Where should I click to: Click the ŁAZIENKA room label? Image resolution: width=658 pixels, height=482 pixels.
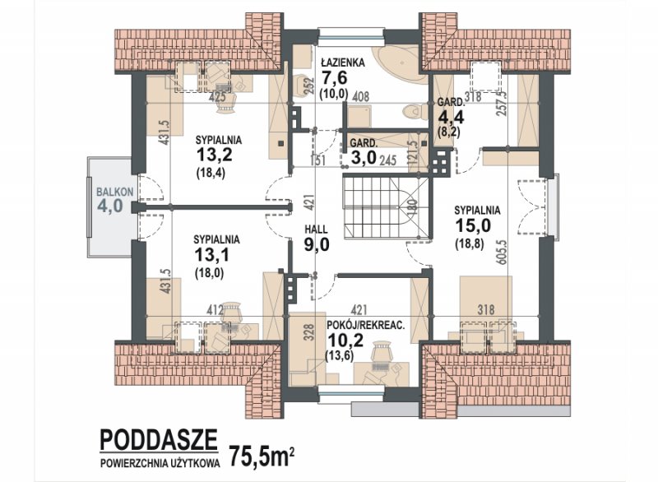click(x=343, y=63)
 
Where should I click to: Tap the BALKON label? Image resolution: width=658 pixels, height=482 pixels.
click(x=115, y=192)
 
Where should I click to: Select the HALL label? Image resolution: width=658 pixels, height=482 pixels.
click(x=316, y=229)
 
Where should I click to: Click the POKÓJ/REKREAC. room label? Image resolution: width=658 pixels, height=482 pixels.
click(x=365, y=325)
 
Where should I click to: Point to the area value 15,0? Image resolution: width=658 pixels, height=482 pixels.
click(x=473, y=225)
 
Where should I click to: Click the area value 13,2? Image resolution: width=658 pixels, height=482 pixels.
click(x=215, y=155)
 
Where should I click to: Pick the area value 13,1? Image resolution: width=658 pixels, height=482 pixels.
click(x=212, y=255)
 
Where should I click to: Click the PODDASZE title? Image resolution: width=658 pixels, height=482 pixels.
click(x=159, y=439)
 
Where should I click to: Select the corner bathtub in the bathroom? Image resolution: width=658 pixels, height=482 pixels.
click(x=400, y=64)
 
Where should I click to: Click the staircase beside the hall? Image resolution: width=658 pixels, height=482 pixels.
click(x=387, y=208)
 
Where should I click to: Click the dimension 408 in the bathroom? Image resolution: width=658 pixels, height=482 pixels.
click(x=360, y=97)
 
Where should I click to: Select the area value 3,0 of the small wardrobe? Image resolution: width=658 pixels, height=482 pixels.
click(x=364, y=159)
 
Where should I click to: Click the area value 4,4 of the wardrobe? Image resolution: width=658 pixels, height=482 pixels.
click(x=451, y=117)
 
